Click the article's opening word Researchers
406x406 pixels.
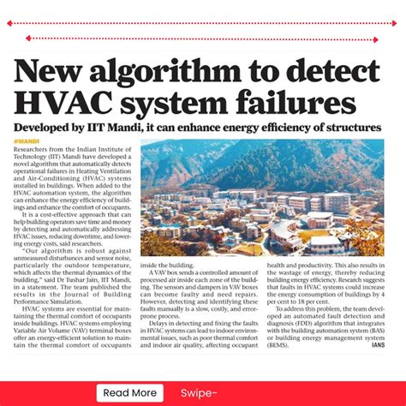coord(31,148)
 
